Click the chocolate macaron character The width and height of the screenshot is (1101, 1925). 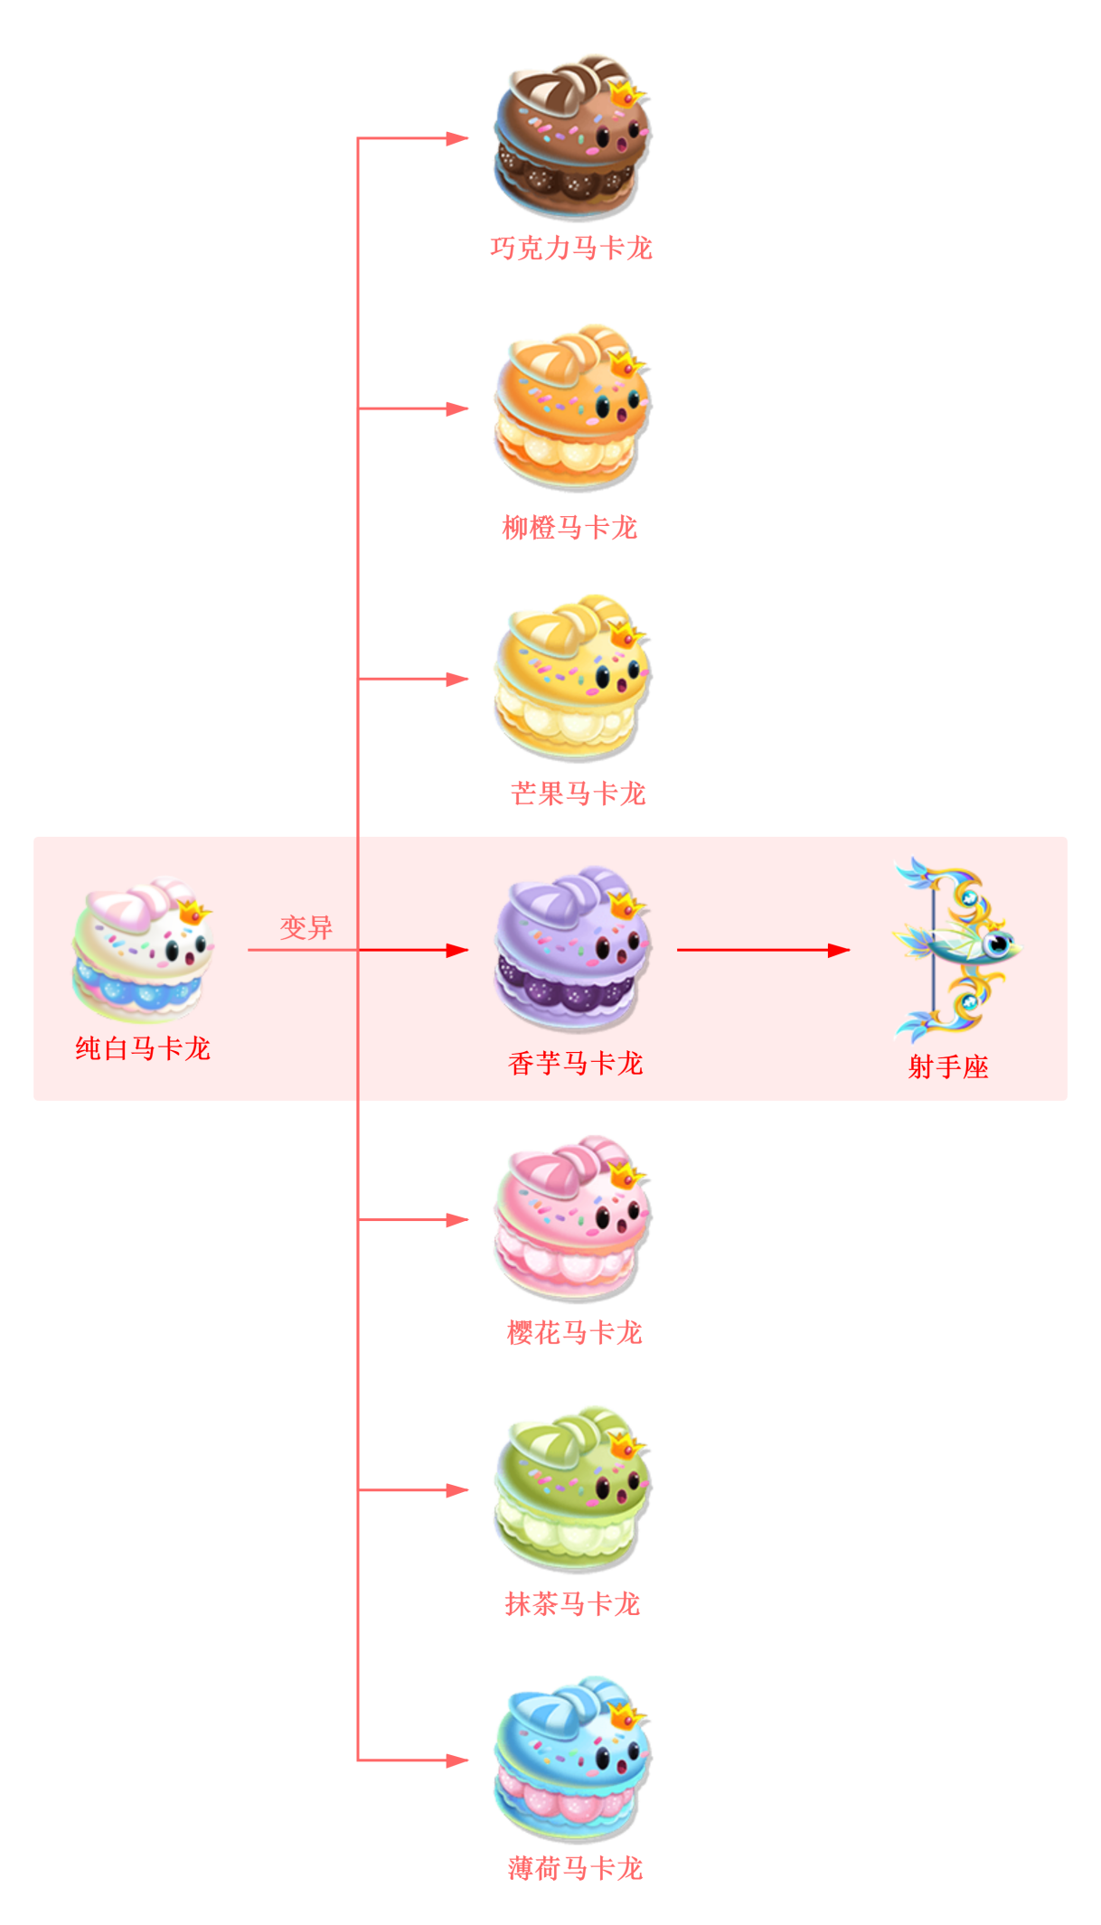pos(571,137)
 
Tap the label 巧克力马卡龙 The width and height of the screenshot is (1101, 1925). pos(571,249)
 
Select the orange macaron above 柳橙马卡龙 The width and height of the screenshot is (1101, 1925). pos(571,408)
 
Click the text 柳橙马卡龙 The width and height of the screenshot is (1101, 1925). pos(570,528)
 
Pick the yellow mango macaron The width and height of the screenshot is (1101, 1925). pos(571,677)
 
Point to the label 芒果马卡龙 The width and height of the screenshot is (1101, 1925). pos(579,793)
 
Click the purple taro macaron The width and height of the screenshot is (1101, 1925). pos(571,949)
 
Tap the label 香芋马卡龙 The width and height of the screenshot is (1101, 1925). pos(576,1064)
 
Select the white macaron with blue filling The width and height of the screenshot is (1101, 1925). pos(143,949)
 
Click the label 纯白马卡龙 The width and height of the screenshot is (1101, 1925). pos(143,1048)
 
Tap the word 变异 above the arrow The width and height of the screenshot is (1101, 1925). pos(306,928)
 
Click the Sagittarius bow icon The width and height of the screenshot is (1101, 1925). pos(956,949)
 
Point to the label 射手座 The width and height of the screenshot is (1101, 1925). pos(948,1067)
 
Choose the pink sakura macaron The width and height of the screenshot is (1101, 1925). pos(571,1218)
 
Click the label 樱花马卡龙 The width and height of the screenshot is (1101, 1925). pos(575,1333)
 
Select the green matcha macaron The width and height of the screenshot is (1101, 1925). pos(571,1488)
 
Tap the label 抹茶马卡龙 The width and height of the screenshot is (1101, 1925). pos(573,1604)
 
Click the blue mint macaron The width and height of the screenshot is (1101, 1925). pos(571,1759)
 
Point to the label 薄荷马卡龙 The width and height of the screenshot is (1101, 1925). pos(576,1868)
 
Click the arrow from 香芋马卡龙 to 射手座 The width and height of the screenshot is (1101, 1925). pos(764,950)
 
